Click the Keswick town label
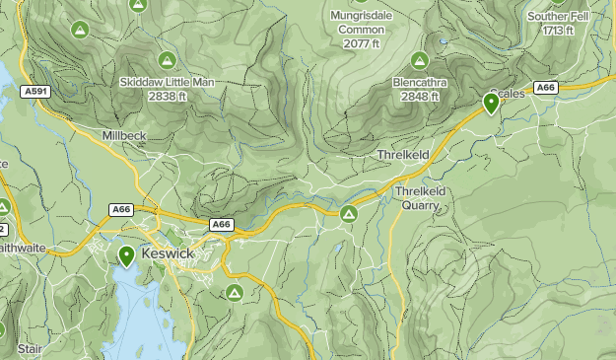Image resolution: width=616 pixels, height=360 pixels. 168,253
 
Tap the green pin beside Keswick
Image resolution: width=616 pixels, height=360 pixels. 126,256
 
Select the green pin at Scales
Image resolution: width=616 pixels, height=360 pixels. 491,103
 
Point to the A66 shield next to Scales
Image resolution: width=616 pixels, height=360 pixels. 547,88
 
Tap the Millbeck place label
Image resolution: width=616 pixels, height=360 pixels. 123,134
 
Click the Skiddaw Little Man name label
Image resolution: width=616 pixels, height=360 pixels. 167,82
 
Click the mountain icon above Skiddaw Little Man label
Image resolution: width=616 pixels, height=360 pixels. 167,60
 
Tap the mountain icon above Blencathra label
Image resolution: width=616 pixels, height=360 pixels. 421,61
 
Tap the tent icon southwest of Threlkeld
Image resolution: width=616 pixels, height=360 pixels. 348,213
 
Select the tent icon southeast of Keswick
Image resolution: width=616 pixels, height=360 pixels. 234,292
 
